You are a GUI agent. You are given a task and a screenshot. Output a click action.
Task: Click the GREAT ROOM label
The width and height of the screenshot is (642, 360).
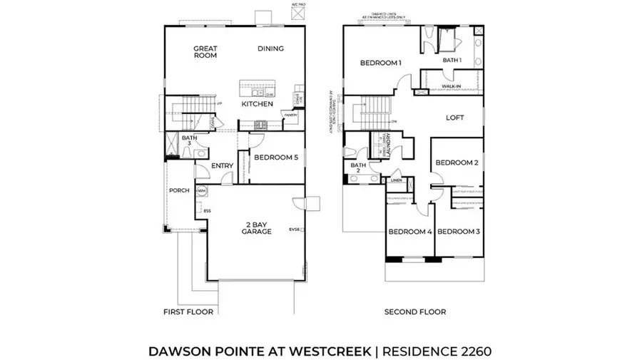[x=205, y=52]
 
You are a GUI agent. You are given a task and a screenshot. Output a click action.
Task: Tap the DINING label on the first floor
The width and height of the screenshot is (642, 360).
[x=271, y=48]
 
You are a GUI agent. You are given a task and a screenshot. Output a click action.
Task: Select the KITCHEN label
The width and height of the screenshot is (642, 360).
[x=257, y=104]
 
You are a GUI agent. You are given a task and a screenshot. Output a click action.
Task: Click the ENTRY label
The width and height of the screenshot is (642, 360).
[x=223, y=167]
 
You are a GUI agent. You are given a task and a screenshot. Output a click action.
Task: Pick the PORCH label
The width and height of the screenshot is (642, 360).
[x=178, y=190]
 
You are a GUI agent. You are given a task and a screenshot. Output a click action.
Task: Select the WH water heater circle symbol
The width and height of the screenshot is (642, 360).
[x=202, y=191]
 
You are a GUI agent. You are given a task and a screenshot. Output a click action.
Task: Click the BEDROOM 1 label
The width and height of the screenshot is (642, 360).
[x=380, y=63]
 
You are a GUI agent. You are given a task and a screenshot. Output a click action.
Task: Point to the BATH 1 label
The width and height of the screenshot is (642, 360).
[x=452, y=61]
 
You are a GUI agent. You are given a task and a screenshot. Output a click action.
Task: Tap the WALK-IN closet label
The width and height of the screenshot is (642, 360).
[x=452, y=86]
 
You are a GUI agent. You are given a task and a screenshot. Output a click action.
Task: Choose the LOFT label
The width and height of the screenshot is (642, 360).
[x=456, y=118]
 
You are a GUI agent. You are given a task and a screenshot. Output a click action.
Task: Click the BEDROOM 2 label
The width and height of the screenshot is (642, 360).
[x=457, y=163]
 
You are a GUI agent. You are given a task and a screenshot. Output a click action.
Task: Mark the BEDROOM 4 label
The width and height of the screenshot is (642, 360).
[x=410, y=232]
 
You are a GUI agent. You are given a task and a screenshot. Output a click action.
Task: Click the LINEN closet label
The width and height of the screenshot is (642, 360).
[x=396, y=180]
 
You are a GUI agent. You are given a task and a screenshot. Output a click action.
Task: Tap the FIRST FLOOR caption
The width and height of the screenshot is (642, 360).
[x=188, y=312]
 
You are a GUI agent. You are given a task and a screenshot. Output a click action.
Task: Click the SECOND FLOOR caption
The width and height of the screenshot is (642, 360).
[x=415, y=312]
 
